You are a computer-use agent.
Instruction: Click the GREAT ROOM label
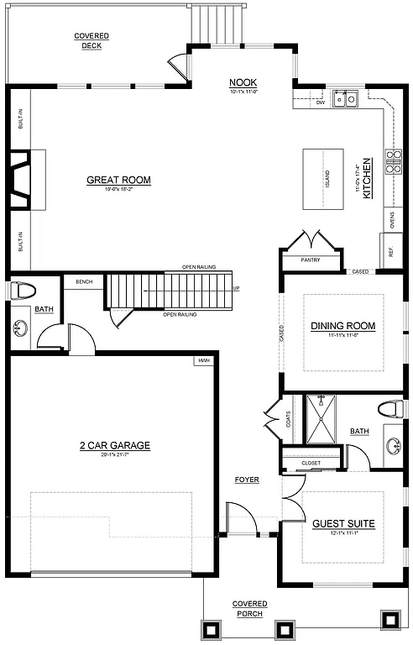coord(118,180)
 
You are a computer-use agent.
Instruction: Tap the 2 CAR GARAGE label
coord(118,446)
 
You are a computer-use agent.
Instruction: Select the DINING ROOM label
coord(342,326)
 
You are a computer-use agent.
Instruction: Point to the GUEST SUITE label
coord(343,523)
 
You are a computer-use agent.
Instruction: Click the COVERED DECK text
coord(91,40)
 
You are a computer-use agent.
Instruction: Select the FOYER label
coord(247,480)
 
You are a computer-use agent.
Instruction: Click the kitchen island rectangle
coord(324,179)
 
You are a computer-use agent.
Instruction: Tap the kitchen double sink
coord(345,99)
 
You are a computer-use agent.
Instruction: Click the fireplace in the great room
coord(25,180)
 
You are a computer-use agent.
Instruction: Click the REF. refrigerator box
coord(391,249)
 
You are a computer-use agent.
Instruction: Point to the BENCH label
coord(83,281)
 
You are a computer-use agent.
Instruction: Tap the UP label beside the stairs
coord(235,289)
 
